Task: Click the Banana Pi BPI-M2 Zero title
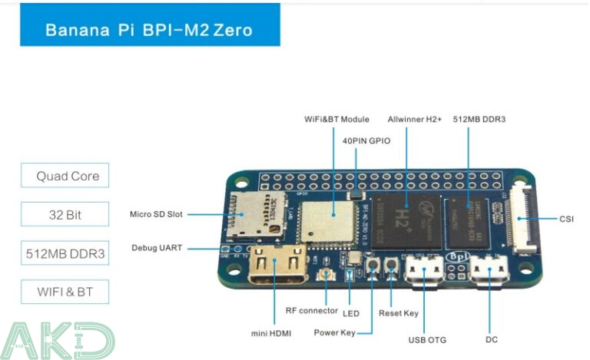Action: (x=148, y=31)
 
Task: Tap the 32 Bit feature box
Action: (x=65, y=214)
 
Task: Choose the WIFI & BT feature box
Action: (x=65, y=292)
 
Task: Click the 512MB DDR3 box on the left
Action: (x=65, y=253)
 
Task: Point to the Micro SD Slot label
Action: (x=157, y=214)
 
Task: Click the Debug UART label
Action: (x=157, y=248)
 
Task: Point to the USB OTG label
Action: (x=426, y=340)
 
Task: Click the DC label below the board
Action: (x=492, y=340)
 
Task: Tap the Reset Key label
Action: (x=399, y=313)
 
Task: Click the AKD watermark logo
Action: (x=58, y=341)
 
